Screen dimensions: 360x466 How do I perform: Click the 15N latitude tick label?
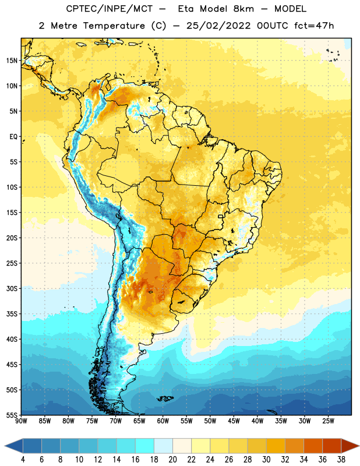click(x=12, y=61)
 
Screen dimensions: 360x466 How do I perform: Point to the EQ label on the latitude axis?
click(x=13, y=137)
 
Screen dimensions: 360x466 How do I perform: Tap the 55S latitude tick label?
click(x=12, y=415)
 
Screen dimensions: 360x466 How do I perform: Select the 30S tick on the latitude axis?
click(x=12, y=288)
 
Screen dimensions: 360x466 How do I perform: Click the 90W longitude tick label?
click(x=21, y=421)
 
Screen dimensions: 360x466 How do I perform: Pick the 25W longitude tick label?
click(x=328, y=421)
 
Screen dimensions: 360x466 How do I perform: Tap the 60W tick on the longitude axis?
click(x=163, y=421)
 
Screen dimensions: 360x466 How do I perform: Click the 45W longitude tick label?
click(x=234, y=421)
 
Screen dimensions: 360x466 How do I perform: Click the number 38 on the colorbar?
click(x=341, y=460)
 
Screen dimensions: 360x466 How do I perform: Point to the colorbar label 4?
click(x=23, y=460)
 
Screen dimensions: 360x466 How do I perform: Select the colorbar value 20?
click(x=172, y=460)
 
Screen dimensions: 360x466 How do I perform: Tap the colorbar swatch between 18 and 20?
click(x=163, y=446)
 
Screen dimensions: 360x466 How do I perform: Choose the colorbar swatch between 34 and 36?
click(x=313, y=446)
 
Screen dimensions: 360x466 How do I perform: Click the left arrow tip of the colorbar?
click(x=5, y=446)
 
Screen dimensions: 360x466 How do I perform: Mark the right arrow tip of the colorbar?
click(x=359, y=446)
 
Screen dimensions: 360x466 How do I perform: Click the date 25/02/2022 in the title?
click(x=218, y=26)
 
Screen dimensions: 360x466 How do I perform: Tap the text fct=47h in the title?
click(x=314, y=26)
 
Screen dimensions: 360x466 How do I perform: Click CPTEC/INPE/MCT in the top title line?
click(x=110, y=9)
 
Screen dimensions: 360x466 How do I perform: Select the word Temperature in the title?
click(x=114, y=26)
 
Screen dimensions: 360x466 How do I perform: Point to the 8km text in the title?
click(x=243, y=9)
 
